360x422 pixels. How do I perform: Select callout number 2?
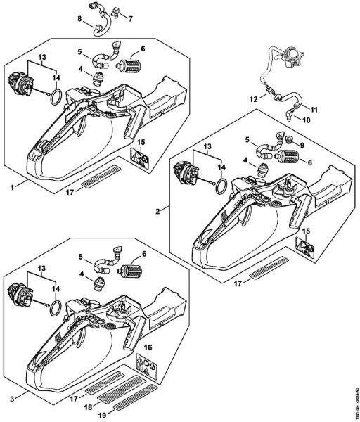(x=158, y=210)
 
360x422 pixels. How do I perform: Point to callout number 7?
(x=129, y=15)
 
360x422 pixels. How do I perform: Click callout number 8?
(x=79, y=17)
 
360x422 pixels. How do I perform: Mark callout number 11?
(x=314, y=109)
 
